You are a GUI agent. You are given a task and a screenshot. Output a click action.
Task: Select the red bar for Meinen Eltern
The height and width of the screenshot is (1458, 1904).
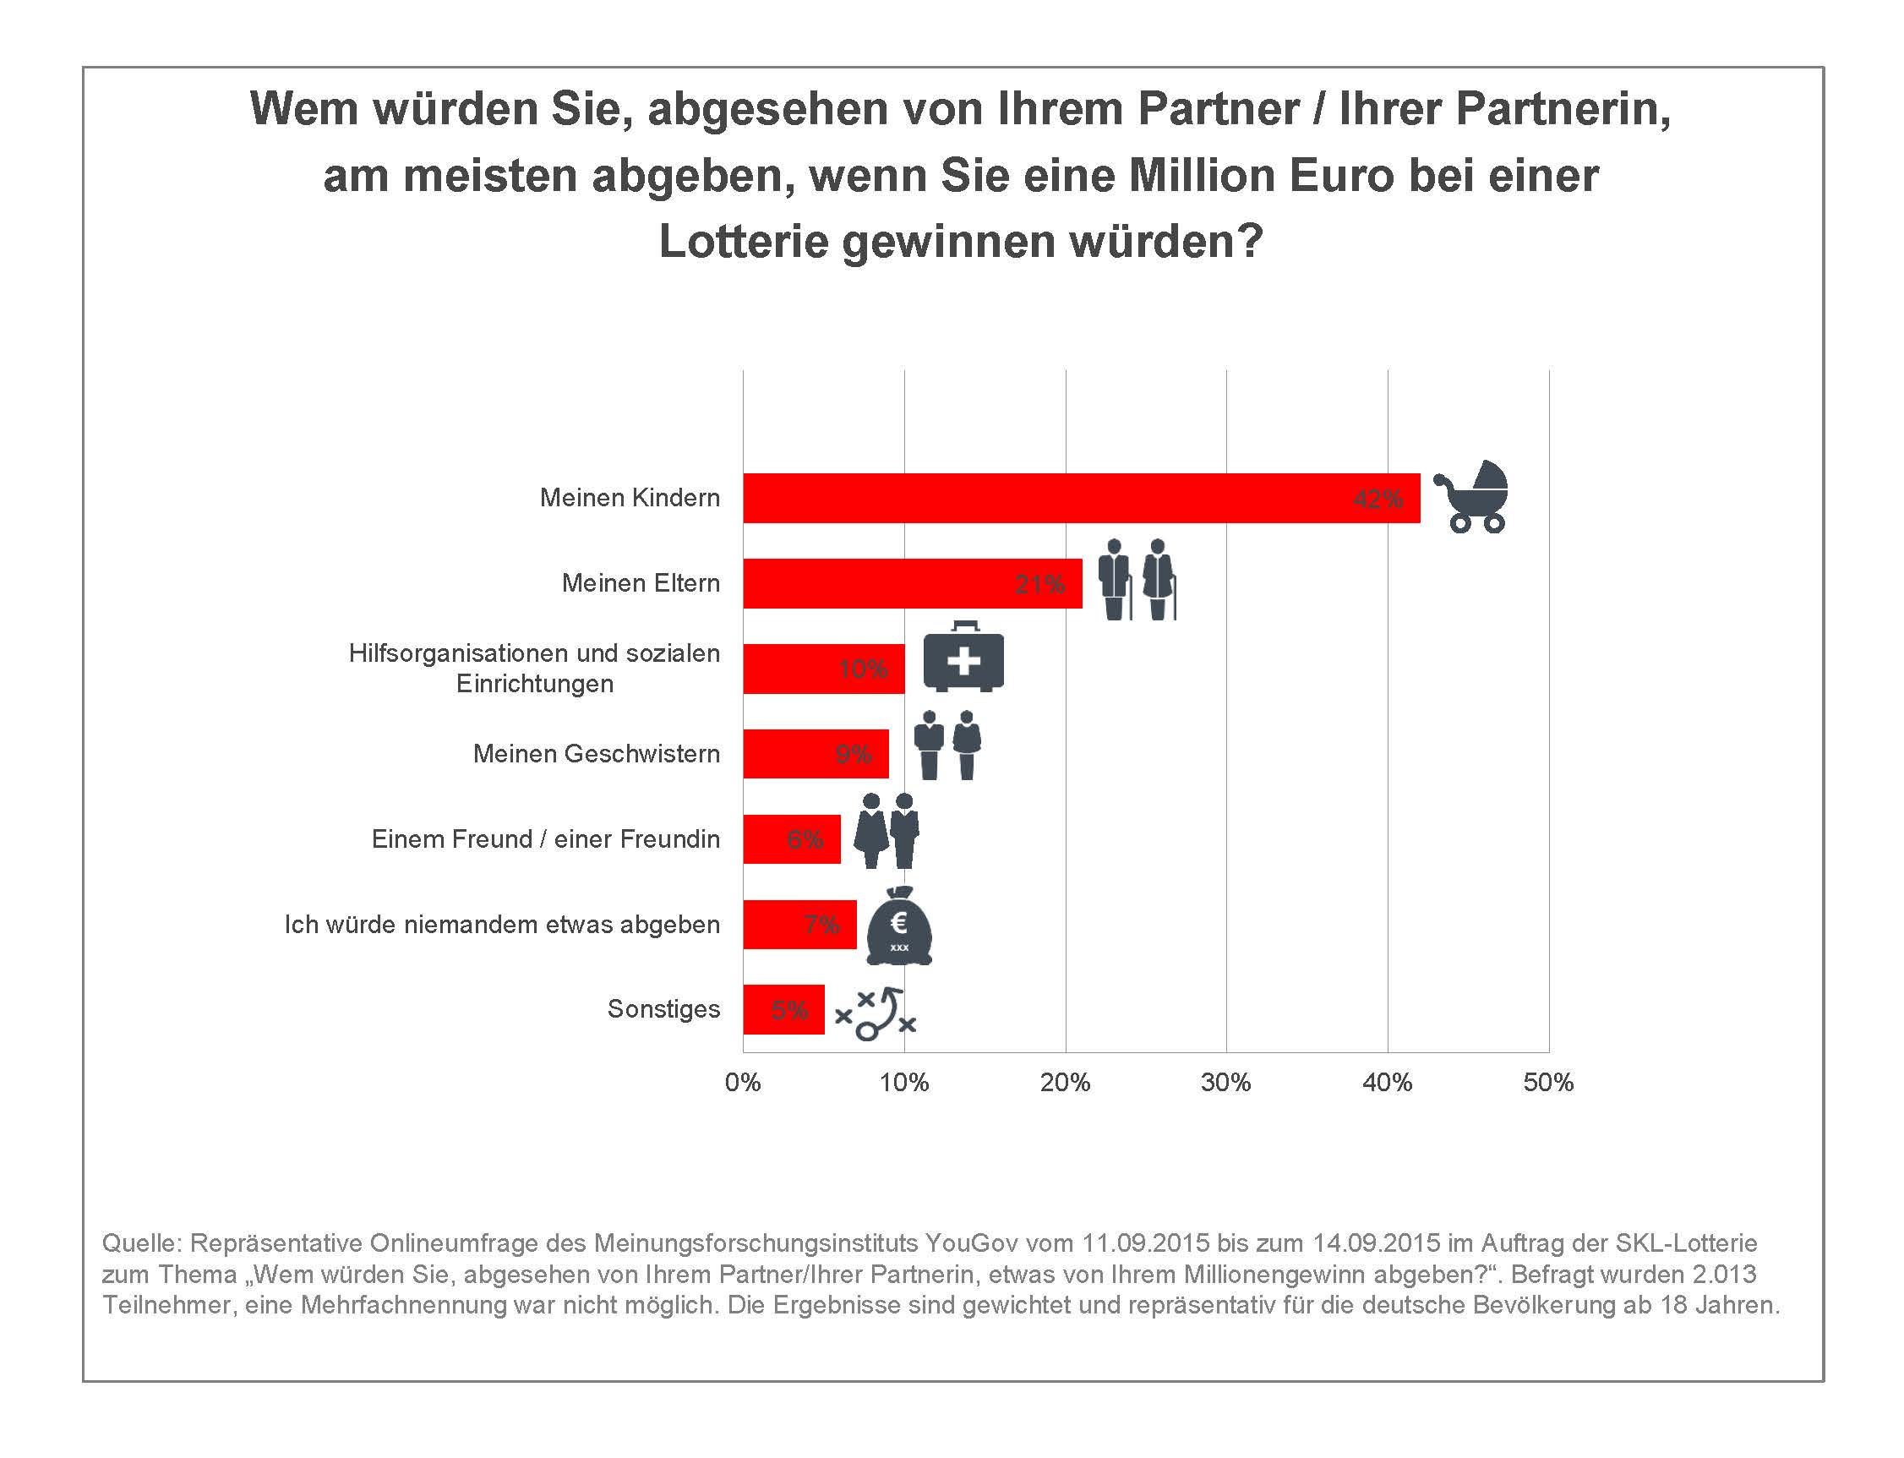point(911,583)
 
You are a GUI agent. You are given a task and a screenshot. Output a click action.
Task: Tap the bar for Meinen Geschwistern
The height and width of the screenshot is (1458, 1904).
point(815,753)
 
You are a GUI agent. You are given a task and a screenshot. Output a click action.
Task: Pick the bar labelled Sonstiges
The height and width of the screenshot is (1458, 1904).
point(783,1009)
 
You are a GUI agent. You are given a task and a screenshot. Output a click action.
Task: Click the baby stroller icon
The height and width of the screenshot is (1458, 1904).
point(1473,496)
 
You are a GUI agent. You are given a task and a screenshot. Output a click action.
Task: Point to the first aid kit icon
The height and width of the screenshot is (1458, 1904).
point(963,658)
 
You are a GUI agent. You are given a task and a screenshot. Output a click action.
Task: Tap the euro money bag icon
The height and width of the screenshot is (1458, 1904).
point(899,927)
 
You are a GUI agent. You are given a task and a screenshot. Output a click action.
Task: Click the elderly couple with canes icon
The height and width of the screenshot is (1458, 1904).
point(1137,579)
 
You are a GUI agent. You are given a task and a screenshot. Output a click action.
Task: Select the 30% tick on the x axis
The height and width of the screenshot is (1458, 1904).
point(1225,1082)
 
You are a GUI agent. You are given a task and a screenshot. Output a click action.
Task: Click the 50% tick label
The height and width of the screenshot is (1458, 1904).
point(1548,1082)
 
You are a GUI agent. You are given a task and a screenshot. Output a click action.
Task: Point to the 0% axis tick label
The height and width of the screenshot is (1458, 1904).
point(743,1082)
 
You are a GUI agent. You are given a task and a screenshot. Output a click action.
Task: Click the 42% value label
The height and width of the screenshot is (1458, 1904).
point(1378,499)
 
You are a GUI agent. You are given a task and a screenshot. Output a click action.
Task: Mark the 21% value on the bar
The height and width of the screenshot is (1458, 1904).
point(1039,584)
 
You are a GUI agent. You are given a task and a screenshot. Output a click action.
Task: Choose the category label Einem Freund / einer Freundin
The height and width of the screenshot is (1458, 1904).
point(545,839)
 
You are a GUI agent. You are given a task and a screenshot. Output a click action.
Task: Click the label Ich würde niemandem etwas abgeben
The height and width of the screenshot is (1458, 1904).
point(502,925)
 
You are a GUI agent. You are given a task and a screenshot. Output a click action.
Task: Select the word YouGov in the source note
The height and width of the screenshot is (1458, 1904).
point(970,1242)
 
